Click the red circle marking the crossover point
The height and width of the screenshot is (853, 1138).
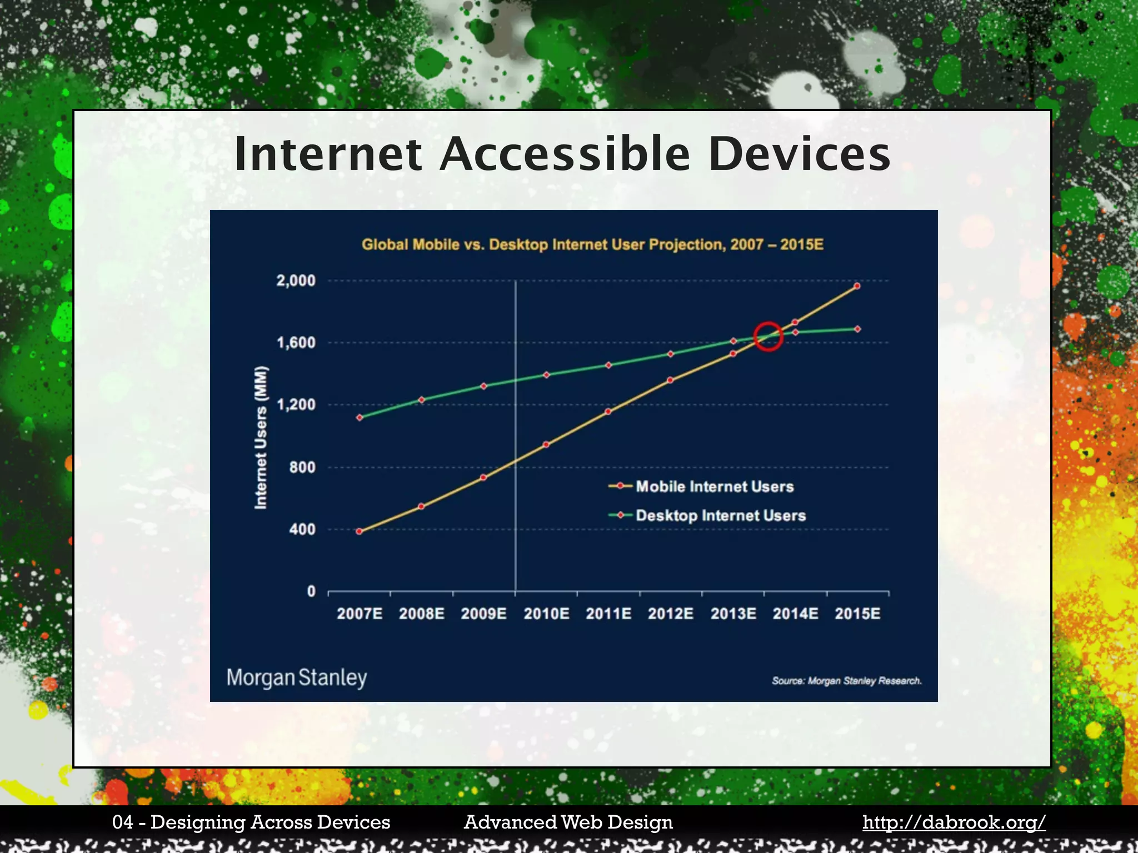tap(768, 337)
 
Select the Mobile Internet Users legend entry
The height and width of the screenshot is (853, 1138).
tap(714, 486)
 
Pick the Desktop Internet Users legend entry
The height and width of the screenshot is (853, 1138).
tap(720, 515)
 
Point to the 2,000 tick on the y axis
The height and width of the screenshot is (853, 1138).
tap(296, 280)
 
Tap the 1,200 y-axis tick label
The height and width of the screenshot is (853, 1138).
tap(296, 405)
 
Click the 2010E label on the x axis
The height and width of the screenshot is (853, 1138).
tap(546, 614)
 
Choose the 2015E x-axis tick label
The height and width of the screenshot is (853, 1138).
tap(857, 614)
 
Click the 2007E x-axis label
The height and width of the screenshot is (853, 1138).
tap(360, 614)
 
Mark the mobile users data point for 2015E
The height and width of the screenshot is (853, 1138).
tap(857, 286)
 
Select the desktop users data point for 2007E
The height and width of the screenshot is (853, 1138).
tap(360, 418)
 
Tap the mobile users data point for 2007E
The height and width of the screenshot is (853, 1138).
tap(359, 531)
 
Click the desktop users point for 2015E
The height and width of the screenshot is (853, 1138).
tap(857, 329)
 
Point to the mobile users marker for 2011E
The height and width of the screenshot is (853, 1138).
tap(608, 412)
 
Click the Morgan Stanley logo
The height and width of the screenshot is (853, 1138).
tap(297, 678)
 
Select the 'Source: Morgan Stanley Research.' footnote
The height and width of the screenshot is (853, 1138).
tap(846, 681)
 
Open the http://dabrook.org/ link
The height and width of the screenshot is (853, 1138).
tap(954, 822)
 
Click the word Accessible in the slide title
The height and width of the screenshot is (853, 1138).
tap(565, 154)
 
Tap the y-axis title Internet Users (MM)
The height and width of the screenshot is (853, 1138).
tap(261, 438)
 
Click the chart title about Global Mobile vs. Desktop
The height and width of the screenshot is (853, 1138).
tap(592, 245)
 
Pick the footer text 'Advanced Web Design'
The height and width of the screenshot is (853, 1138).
tap(568, 822)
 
